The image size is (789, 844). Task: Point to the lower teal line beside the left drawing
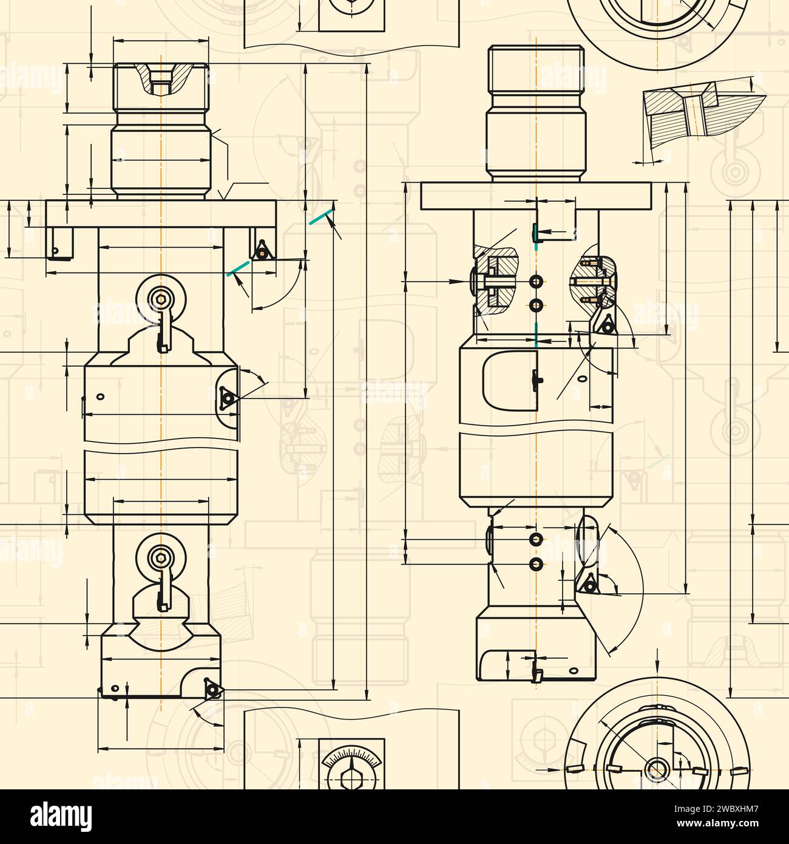coord(237,268)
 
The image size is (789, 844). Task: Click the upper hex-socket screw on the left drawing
coord(161,299)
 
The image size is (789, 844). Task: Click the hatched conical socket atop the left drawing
coord(161,79)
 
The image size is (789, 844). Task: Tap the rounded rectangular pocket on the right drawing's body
coord(510,381)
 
